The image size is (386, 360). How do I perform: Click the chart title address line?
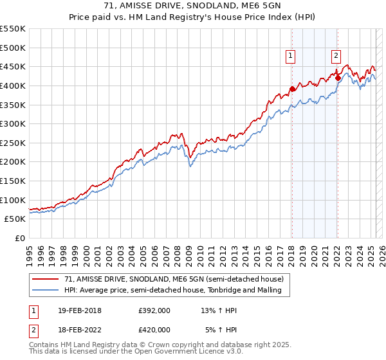tap(193, 6)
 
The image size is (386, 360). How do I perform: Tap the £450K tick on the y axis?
tap(13, 66)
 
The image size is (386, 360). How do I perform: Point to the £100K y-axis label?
tap(13, 200)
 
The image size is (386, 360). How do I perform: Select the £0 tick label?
tap(20, 238)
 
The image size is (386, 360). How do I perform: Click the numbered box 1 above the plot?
tap(291, 56)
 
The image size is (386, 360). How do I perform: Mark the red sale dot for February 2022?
tap(338, 78)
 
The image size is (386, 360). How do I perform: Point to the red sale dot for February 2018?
tap(292, 89)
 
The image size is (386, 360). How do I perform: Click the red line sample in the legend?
tap(46, 279)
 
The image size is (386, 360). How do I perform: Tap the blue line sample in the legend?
tap(46, 291)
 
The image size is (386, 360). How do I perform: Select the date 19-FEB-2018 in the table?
tap(78, 310)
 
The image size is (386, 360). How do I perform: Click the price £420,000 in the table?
tap(154, 330)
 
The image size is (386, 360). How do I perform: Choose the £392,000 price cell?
tap(154, 310)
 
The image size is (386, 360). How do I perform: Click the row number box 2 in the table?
tap(32, 330)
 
